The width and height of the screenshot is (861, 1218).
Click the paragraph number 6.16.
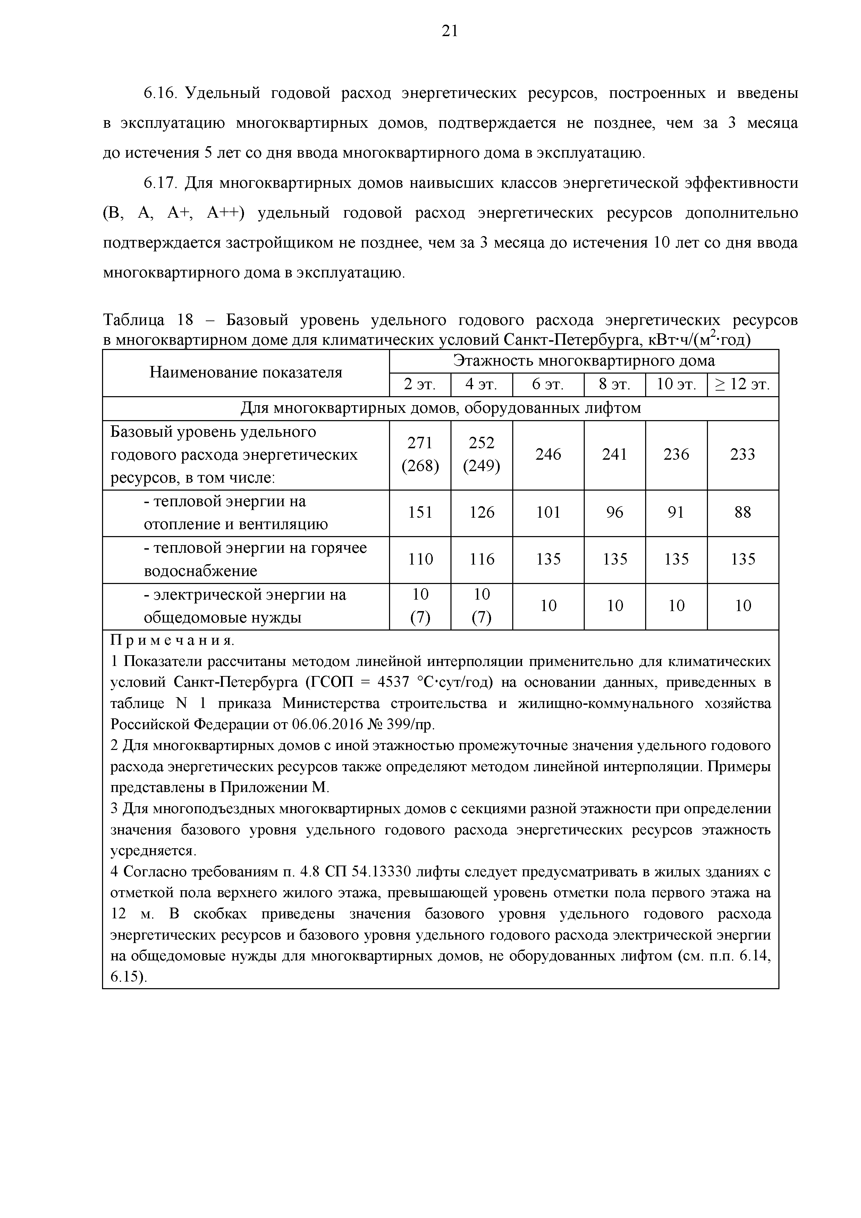coord(159,93)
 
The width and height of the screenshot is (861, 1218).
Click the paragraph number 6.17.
coord(159,183)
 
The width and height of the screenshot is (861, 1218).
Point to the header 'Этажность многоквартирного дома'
coord(584,361)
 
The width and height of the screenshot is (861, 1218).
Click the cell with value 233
coord(742,454)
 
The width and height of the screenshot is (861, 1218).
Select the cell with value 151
coord(420,512)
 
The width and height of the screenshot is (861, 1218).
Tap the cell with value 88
coord(742,512)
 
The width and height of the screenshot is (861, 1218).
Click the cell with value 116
coord(481,559)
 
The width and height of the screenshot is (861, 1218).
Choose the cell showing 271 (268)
coord(420,454)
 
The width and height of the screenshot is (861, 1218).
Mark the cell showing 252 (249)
coord(481,454)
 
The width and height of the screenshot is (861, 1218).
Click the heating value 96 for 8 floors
coord(615,512)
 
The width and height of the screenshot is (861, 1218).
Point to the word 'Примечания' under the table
coord(171,641)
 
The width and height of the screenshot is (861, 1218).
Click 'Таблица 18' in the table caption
coord(141,320)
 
